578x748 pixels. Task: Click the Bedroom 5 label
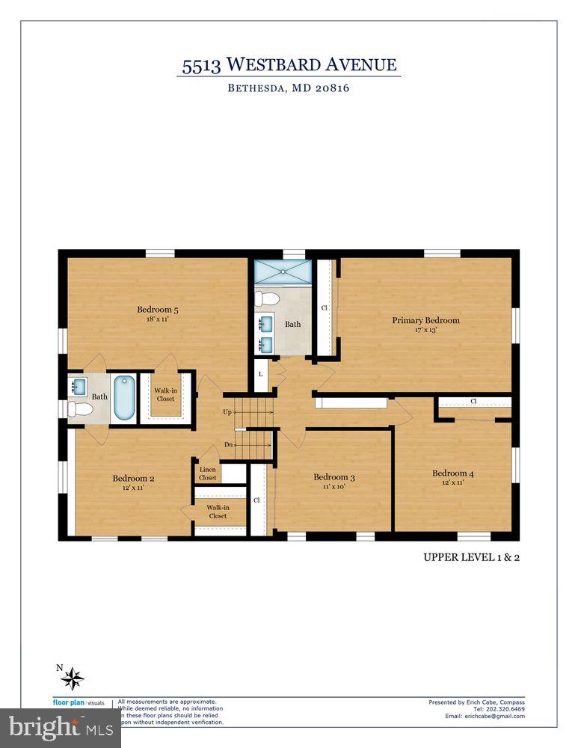(x=157, y=310)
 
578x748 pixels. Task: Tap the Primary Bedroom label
(x=425, y=320)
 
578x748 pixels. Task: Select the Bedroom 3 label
(x=333, y=477)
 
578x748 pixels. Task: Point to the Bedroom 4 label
(x=452, y=473)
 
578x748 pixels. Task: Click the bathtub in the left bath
(x=123, y=397)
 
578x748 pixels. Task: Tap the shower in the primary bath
(x=282, y=270)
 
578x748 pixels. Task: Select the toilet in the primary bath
(x=266, y=299)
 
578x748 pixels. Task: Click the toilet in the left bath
(x=79, y=409)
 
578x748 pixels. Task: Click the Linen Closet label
(x=207, y=473)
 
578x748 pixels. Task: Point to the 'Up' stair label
(x=227, y=412)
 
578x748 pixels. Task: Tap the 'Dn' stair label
(x=228, y=445)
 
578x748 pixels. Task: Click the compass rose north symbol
(x=72, y=678)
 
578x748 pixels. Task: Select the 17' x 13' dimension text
(x=425, y=330)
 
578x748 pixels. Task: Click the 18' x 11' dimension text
(x=157, y=319)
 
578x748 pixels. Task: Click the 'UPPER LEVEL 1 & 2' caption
(x=471, y=557)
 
